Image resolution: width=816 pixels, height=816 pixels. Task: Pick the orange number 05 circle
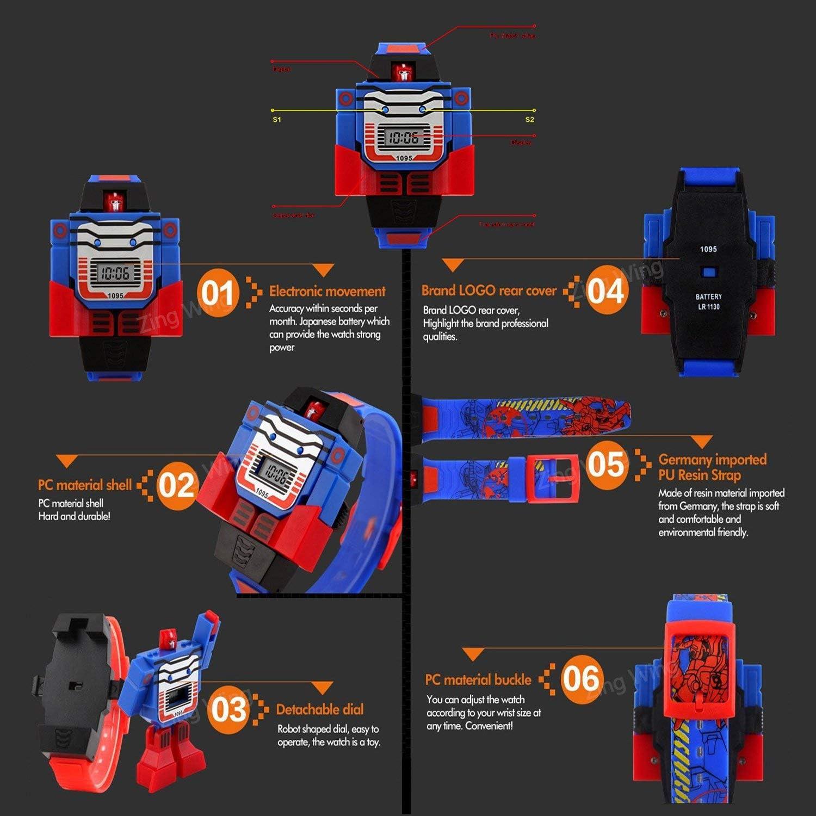click(606, 464)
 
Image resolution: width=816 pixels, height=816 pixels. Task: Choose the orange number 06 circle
click(581, 679)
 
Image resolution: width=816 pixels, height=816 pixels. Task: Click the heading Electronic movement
click(327, 291)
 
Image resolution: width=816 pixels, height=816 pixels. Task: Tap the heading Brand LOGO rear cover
click(489, 290)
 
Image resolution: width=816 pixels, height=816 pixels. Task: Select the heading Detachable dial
click(319, 709)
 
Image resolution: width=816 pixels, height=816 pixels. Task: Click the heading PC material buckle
click(478, 679)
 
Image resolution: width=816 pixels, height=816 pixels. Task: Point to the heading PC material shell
click(84, 485)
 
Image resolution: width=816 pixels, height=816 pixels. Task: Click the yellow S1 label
click(277, 120)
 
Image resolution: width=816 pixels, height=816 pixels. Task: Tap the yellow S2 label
click(529, 120)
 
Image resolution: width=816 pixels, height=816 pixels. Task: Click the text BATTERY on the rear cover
click(708, 296)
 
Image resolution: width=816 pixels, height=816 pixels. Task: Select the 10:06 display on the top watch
click(403, 138)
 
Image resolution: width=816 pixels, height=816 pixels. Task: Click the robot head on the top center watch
click(403, 72)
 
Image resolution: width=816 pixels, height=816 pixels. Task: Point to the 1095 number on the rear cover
click(708, 249)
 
